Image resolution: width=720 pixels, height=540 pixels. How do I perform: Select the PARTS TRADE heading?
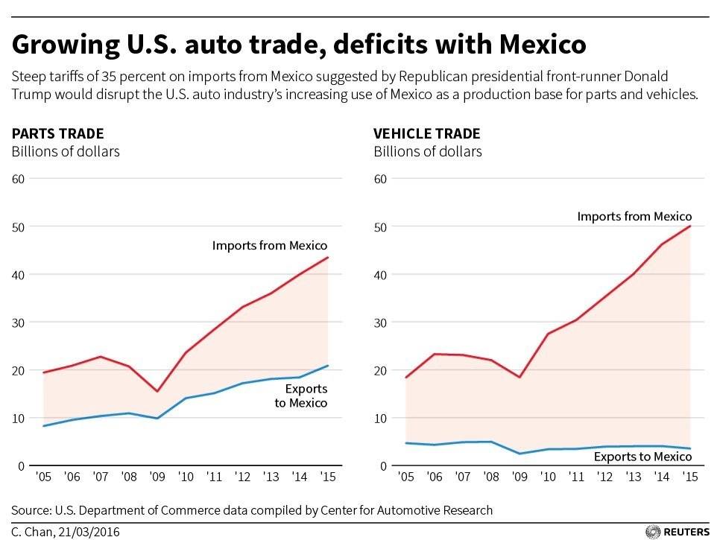(57, 134)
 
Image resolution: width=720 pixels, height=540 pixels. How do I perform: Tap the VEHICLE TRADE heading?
(427, 134)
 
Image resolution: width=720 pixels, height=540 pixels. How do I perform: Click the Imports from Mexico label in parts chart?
(270, 245)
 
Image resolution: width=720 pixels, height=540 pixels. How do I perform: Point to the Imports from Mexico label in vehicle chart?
(634, 217)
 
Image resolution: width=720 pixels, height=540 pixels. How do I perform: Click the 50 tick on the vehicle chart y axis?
(381, 226)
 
